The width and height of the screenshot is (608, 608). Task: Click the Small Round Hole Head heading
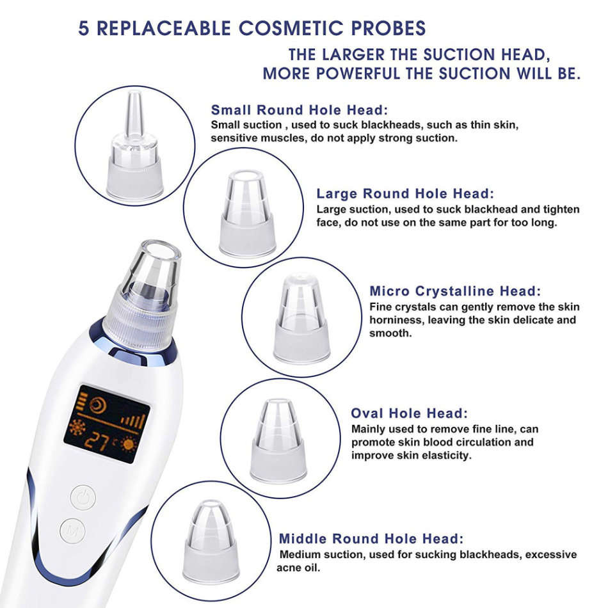300,109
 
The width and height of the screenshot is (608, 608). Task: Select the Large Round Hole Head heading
405,193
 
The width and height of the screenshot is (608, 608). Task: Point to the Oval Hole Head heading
409,413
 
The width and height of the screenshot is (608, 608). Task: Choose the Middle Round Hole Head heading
371,539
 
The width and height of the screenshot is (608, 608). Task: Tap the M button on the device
74,531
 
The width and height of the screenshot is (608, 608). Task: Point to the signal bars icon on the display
133,420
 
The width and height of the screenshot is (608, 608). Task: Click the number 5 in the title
84,29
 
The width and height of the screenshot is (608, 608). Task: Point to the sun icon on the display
131,444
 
